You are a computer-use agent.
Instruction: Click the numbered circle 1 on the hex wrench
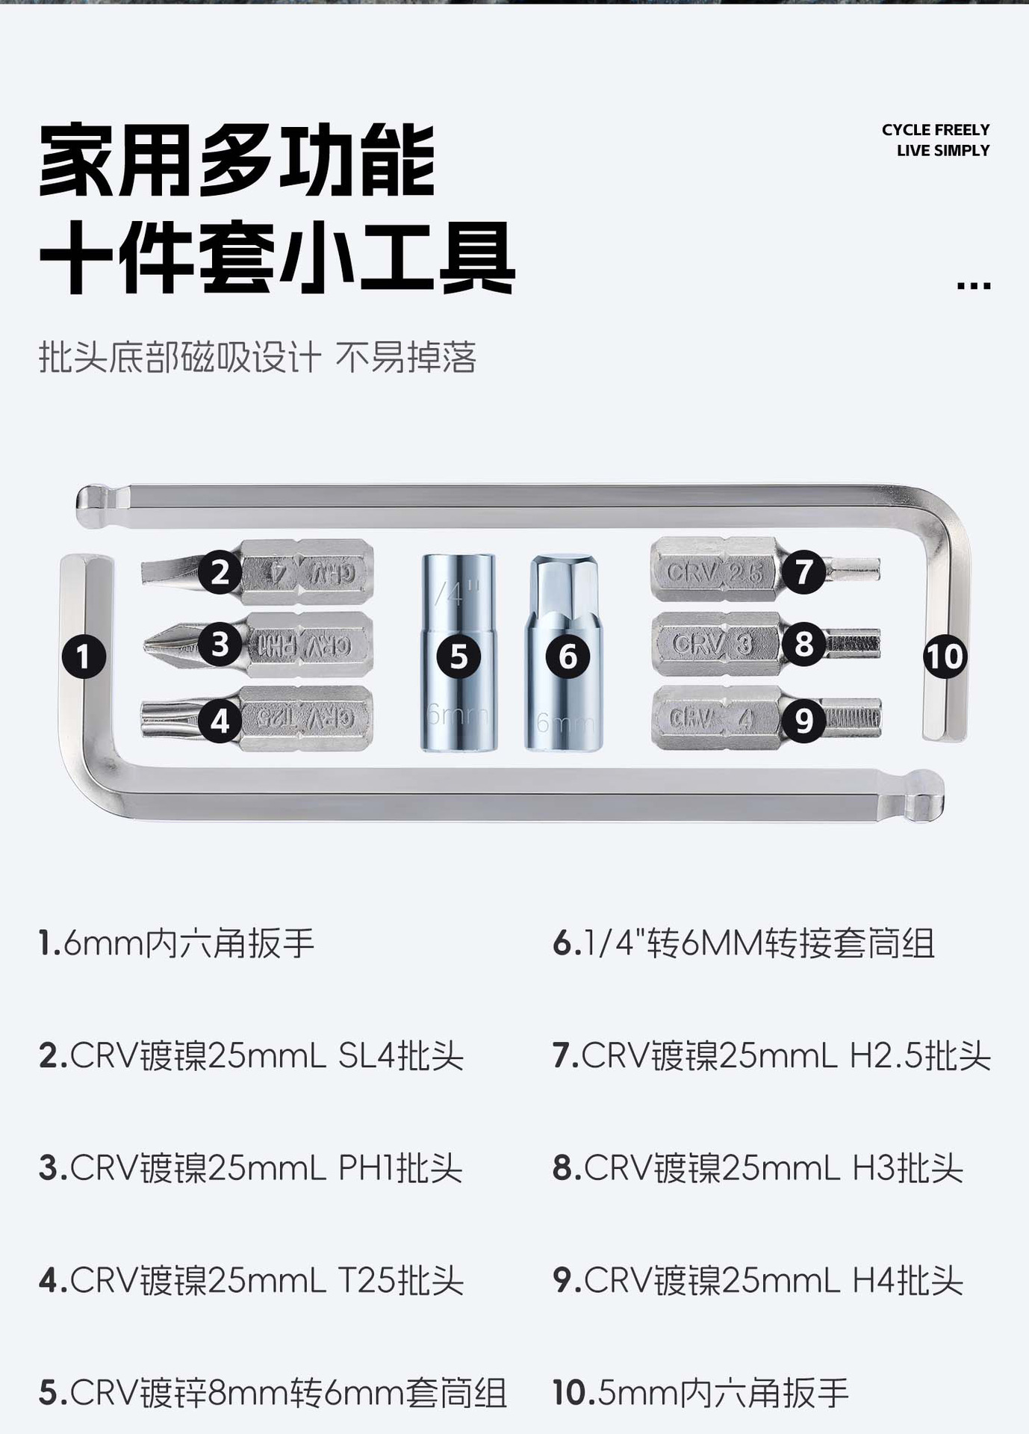pyautogui.click(x=83, y=657)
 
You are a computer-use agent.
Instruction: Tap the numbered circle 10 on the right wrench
pyautogui.click(x=945, y=657)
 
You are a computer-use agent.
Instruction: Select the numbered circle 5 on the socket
pyautogui.click(x=458, y=657)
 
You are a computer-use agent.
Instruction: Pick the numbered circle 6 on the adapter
pyautogui.click(x=568, y=657)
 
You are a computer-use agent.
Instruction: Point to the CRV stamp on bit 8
pyautogui.click(x=697, y=644)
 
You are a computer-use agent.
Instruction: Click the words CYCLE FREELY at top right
pyautogui.click(x=935, y=130)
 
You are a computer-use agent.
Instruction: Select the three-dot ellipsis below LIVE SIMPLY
pyautogui.click(x=973, y=285)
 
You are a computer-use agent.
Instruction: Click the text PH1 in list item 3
pyautogui.click(x=367, y=1168)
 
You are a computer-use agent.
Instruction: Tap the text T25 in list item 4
pyautogui.click(x=368, y=1280)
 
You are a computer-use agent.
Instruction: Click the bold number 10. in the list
pyautogui.click(x=573, y=1393)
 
